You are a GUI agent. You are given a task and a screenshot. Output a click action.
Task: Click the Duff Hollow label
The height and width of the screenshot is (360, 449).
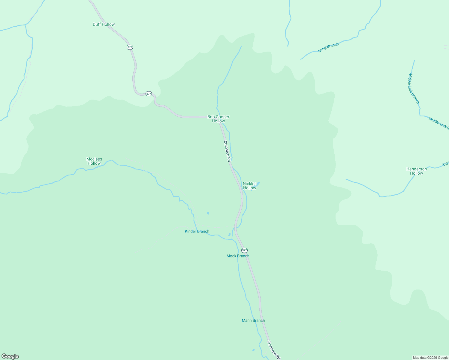104,24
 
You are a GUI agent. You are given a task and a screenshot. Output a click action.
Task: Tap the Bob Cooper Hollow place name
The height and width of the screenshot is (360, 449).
218,119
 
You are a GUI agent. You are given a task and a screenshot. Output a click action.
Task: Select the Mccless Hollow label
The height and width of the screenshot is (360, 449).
94,161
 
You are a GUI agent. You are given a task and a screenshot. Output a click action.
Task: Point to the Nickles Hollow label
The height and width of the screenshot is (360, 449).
250,186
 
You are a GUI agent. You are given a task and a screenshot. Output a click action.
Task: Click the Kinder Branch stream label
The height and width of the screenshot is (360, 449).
197,231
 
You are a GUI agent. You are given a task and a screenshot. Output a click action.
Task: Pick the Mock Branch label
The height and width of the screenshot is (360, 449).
238,256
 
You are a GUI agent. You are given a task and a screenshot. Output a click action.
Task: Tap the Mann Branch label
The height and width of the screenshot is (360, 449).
253,320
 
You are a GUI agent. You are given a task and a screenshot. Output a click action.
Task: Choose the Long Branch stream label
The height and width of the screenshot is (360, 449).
328,47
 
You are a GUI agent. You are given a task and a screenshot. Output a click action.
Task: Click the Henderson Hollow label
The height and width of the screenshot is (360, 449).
417,171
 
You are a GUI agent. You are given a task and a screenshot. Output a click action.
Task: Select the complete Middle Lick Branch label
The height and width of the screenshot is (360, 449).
413,88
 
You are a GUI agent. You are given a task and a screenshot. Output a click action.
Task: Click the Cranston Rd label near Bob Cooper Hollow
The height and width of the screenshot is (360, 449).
227,151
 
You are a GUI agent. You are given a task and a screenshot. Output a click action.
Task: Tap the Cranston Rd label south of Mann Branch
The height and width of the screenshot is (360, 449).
273,350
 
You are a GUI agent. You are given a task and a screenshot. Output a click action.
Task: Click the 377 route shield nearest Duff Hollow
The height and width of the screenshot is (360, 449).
130,47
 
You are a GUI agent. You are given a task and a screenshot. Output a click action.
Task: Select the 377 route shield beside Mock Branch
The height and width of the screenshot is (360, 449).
244,250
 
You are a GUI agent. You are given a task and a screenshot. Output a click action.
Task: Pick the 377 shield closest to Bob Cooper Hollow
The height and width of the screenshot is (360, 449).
149,94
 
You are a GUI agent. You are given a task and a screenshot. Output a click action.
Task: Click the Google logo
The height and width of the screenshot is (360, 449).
10,356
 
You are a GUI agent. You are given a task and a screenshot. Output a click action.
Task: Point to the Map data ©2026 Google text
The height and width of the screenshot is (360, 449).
430,358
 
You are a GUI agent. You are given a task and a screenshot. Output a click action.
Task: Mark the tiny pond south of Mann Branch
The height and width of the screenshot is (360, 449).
253,350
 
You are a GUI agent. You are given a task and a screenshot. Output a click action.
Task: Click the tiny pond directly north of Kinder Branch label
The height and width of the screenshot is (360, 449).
208,213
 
